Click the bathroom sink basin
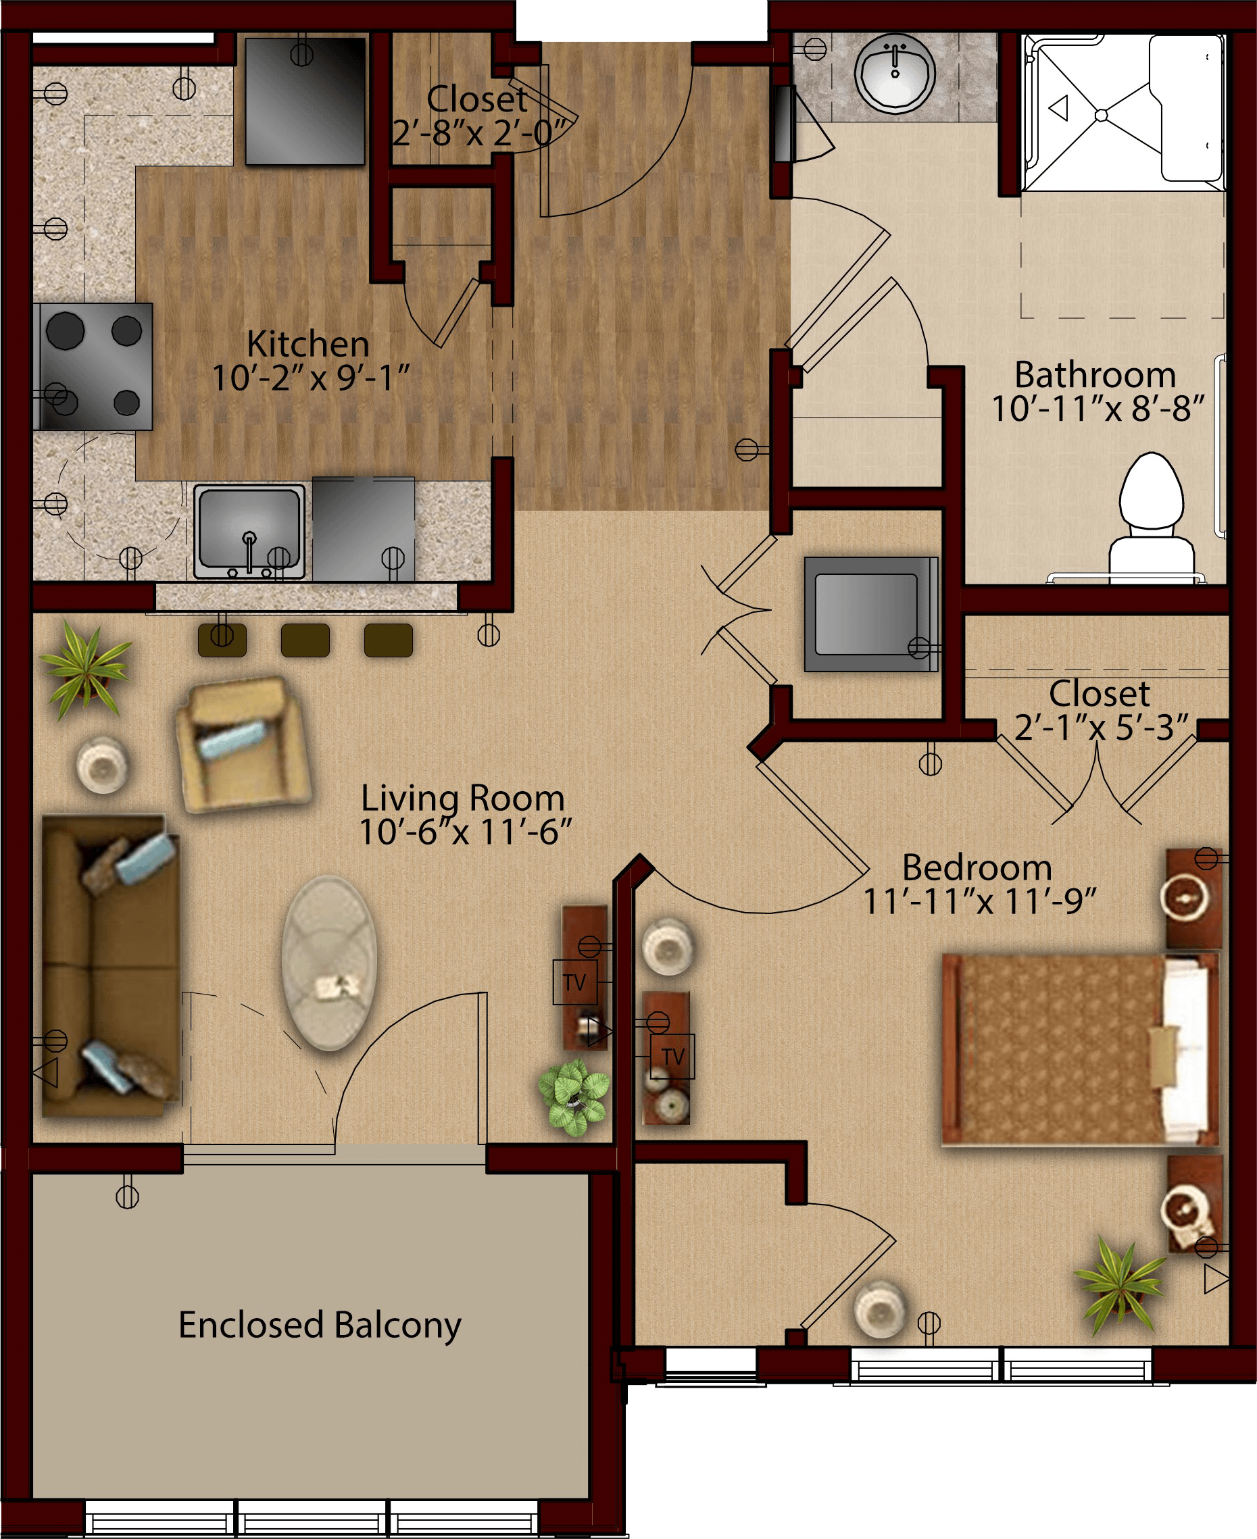895,72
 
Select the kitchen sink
249,531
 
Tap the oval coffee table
330,963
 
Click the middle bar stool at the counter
305,640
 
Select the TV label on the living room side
575,982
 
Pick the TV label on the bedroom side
672,1056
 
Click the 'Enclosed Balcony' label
319,1325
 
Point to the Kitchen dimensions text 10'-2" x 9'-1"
311,378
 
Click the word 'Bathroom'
1095,375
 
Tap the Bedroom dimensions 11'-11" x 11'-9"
980,901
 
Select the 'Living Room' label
463,799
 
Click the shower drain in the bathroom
1102,115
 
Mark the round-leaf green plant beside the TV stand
574,1096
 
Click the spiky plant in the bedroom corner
1121,1285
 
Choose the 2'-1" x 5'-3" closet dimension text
1102,728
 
